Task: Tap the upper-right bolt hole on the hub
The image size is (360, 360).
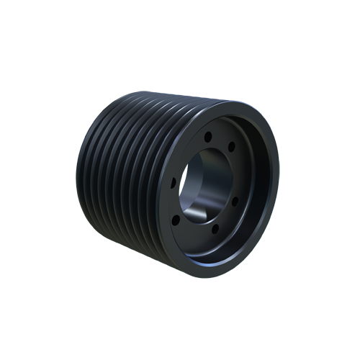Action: (x=231, y=150)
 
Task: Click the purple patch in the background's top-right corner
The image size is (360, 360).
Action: (x=270, y=97)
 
